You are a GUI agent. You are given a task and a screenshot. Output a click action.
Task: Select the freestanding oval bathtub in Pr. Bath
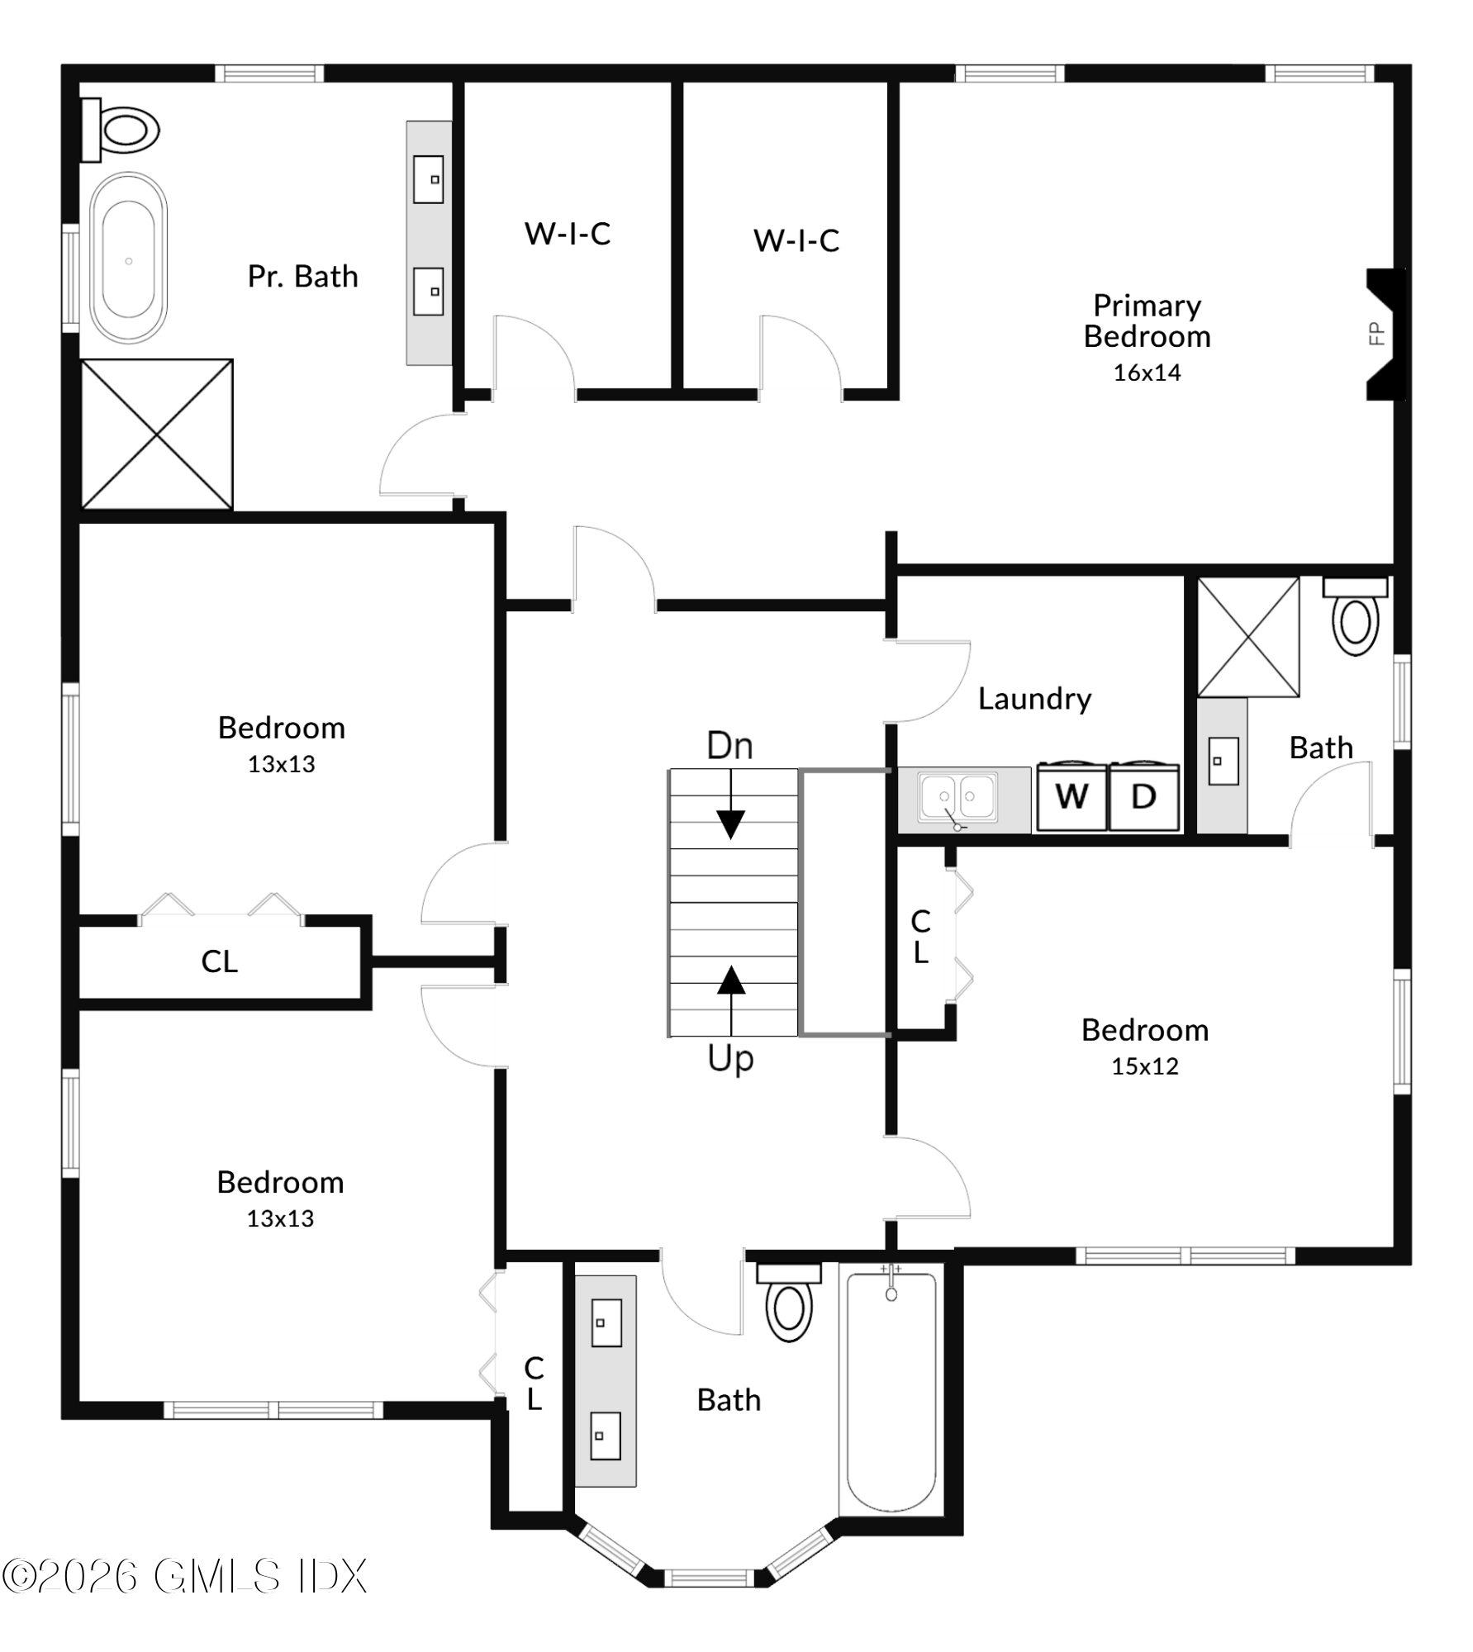[128, 259]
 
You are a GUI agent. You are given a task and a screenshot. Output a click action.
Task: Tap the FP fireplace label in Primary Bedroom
[1376, 334]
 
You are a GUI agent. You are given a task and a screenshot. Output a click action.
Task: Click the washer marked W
[1071, 797]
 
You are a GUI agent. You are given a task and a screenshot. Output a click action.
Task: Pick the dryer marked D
[1143, 797]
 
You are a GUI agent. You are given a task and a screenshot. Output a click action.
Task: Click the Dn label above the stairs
[729, 747]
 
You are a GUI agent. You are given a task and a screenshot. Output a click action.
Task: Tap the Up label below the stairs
[730, 1059]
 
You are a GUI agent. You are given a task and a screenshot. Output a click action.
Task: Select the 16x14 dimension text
[1147, 373]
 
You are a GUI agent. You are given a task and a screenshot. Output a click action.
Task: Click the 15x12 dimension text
[1144, 1066]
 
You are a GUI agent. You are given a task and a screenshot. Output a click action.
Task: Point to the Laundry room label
[1034, 699]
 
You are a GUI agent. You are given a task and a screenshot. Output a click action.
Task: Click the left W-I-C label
[568, 235]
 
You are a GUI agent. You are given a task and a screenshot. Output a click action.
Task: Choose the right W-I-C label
[796, 241]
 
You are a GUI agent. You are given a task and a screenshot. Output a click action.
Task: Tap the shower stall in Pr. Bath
[157, 434]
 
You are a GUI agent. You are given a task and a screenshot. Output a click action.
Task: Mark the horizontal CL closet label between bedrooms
[219, 961]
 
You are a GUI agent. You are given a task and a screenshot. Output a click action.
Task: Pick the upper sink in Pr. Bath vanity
[429, 179]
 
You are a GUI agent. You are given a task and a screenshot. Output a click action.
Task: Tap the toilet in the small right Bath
[1355, 619]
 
